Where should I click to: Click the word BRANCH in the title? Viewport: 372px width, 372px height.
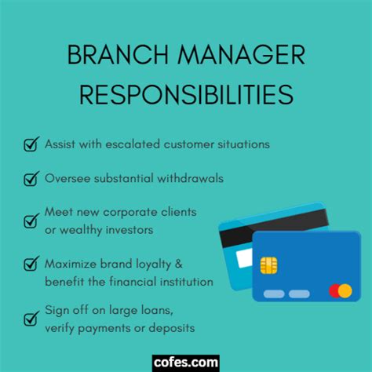[118, 54]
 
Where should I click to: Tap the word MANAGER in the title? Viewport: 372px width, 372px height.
[242, 54]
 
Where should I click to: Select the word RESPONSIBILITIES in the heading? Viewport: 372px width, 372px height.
[186, 94]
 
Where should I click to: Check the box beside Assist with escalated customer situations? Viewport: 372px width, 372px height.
[31, 144]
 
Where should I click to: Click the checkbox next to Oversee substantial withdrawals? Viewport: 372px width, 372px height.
[31, 179]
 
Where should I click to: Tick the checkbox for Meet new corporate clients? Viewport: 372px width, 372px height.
[31, 221]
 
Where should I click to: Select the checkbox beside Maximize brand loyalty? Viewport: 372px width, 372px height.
[31, 264]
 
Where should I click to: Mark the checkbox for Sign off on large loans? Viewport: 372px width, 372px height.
[31, 319]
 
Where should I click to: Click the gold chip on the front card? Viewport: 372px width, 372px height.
[268, 265]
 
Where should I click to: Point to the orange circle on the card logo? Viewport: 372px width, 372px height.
[345, 291]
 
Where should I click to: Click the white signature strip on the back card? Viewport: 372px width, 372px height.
[244, 258]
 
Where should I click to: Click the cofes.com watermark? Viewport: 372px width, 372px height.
[186, 363]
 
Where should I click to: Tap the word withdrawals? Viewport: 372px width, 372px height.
[190, 178]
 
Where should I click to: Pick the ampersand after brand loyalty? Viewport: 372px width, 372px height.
[179, 264]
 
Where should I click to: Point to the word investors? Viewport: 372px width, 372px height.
[129, 230]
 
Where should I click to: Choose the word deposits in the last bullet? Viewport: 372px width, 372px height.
[172, 328]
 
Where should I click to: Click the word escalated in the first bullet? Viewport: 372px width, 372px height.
[133, 144]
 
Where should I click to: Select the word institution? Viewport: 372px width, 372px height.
[187, 282]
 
